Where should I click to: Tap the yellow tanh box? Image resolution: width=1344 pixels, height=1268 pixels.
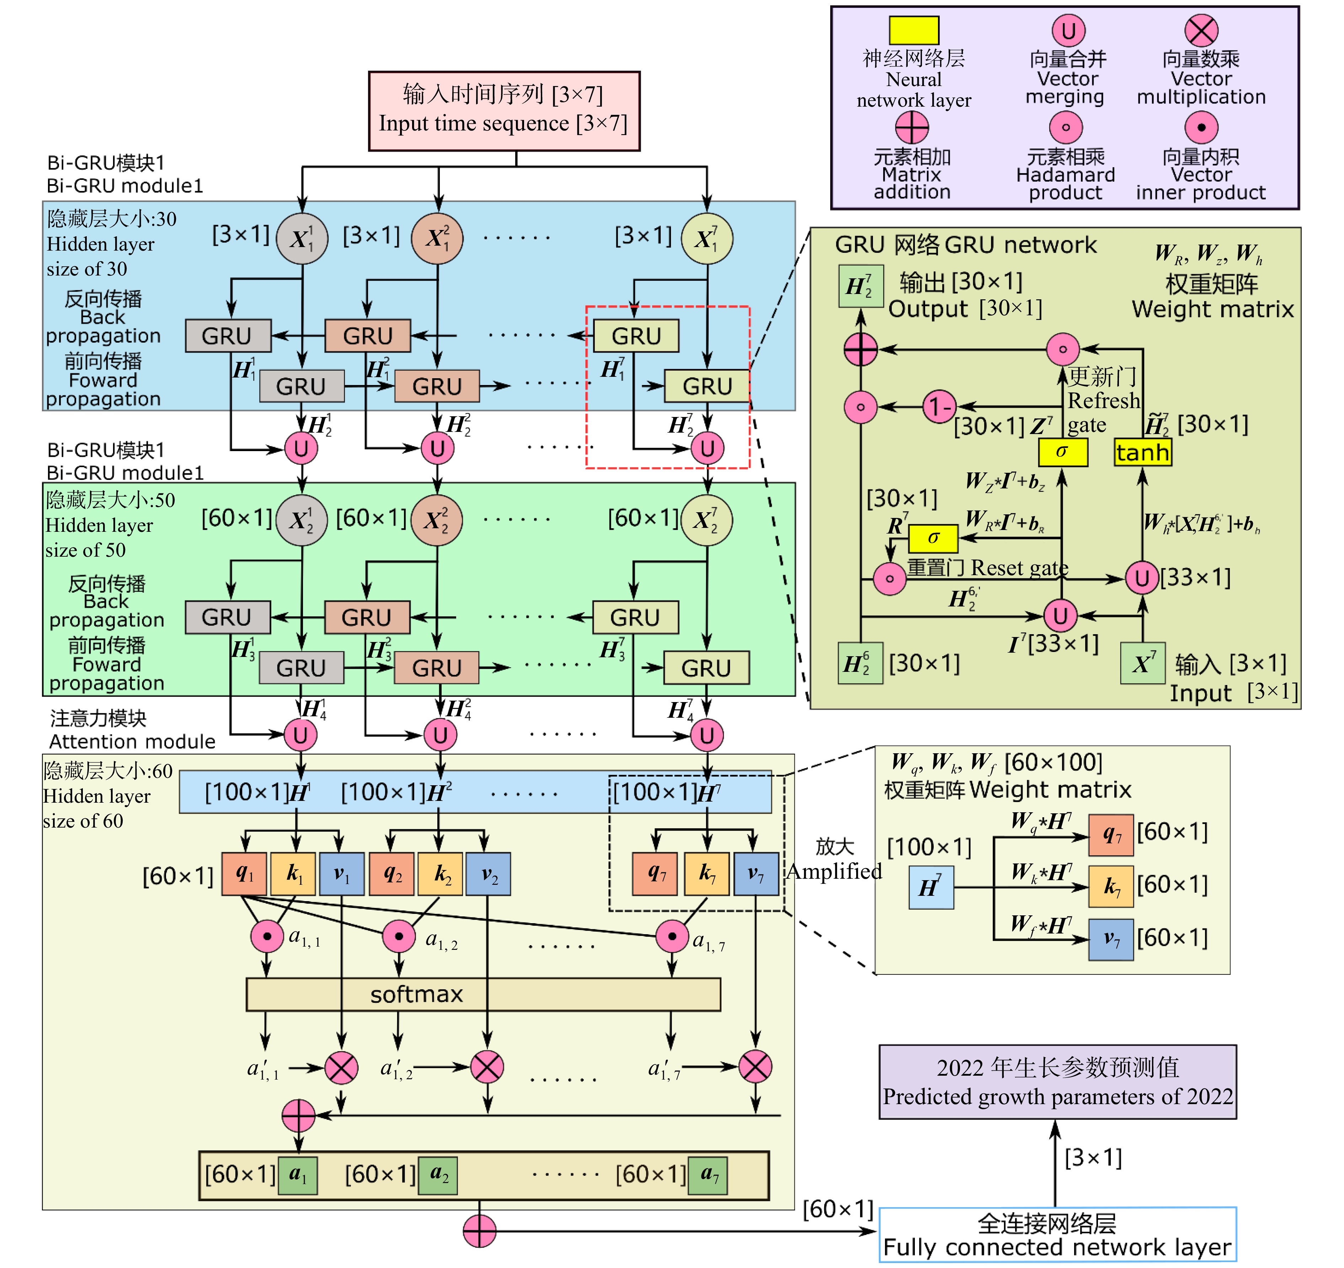click(x=1142, y=452)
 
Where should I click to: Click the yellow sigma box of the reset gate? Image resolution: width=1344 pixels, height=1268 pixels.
click(x=933, y=538)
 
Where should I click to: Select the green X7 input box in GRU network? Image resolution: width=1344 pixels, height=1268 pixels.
click(x=1142, y=663)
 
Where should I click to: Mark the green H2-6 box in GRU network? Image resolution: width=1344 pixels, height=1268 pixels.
click(x=860, y=663)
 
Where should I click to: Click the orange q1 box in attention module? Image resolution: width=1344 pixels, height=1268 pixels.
click(x=244, y=874)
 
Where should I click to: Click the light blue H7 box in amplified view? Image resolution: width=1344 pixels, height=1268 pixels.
click(x=931, y=887)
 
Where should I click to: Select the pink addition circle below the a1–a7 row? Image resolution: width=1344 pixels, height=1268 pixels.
click(x=479, y=1230)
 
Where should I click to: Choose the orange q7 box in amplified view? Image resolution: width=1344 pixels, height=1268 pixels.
click(x=1111, y=835)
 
